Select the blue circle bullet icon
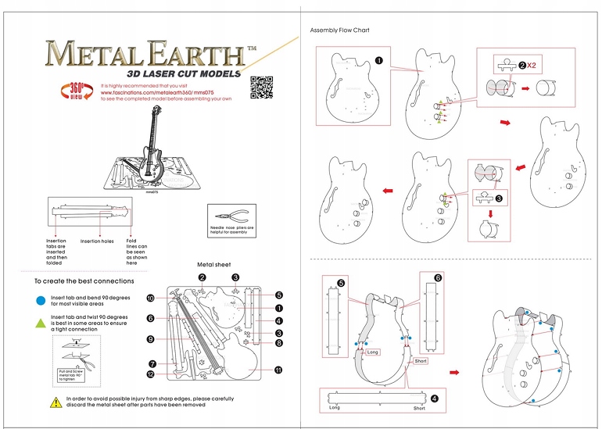[40, 299]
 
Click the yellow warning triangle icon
[56, 402]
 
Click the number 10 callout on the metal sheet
[151, 299]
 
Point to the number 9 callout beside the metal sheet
[150, 339]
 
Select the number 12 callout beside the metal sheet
[150, 374]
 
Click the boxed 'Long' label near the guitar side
[372, 352]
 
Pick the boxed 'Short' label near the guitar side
[421, 361]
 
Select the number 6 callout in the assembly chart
[437, 277]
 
